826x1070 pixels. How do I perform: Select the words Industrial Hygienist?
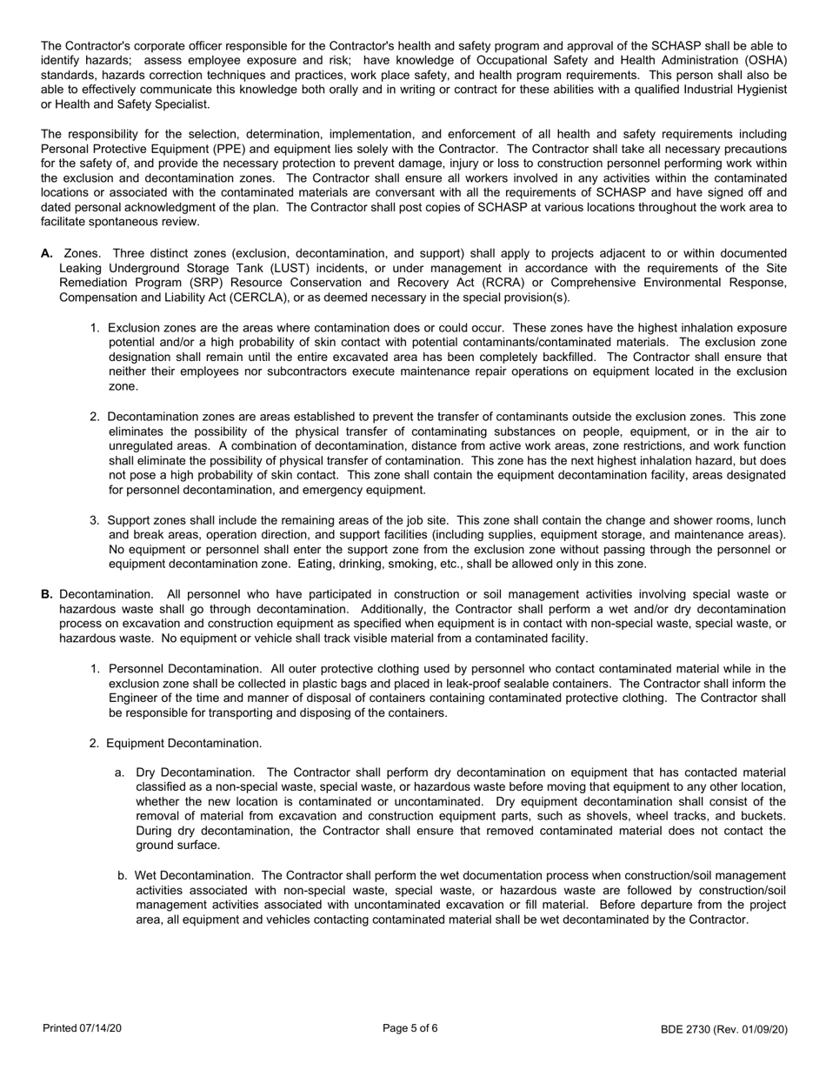(733, 90)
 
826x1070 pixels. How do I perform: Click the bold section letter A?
(47, 252)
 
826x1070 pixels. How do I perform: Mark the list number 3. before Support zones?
(95, 520)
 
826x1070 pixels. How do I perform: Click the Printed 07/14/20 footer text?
(83, 1029)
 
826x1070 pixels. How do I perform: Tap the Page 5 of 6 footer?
(410, 1028)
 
